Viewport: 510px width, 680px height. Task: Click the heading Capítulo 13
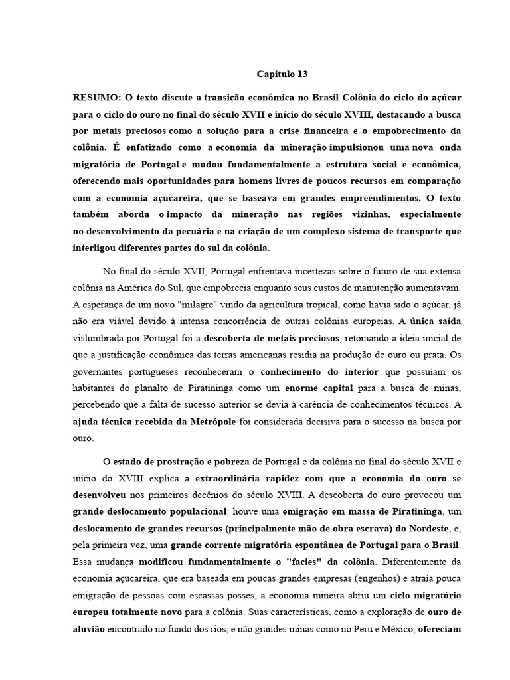tap(282, 74)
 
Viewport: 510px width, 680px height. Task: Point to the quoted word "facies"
tap(290, 561)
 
